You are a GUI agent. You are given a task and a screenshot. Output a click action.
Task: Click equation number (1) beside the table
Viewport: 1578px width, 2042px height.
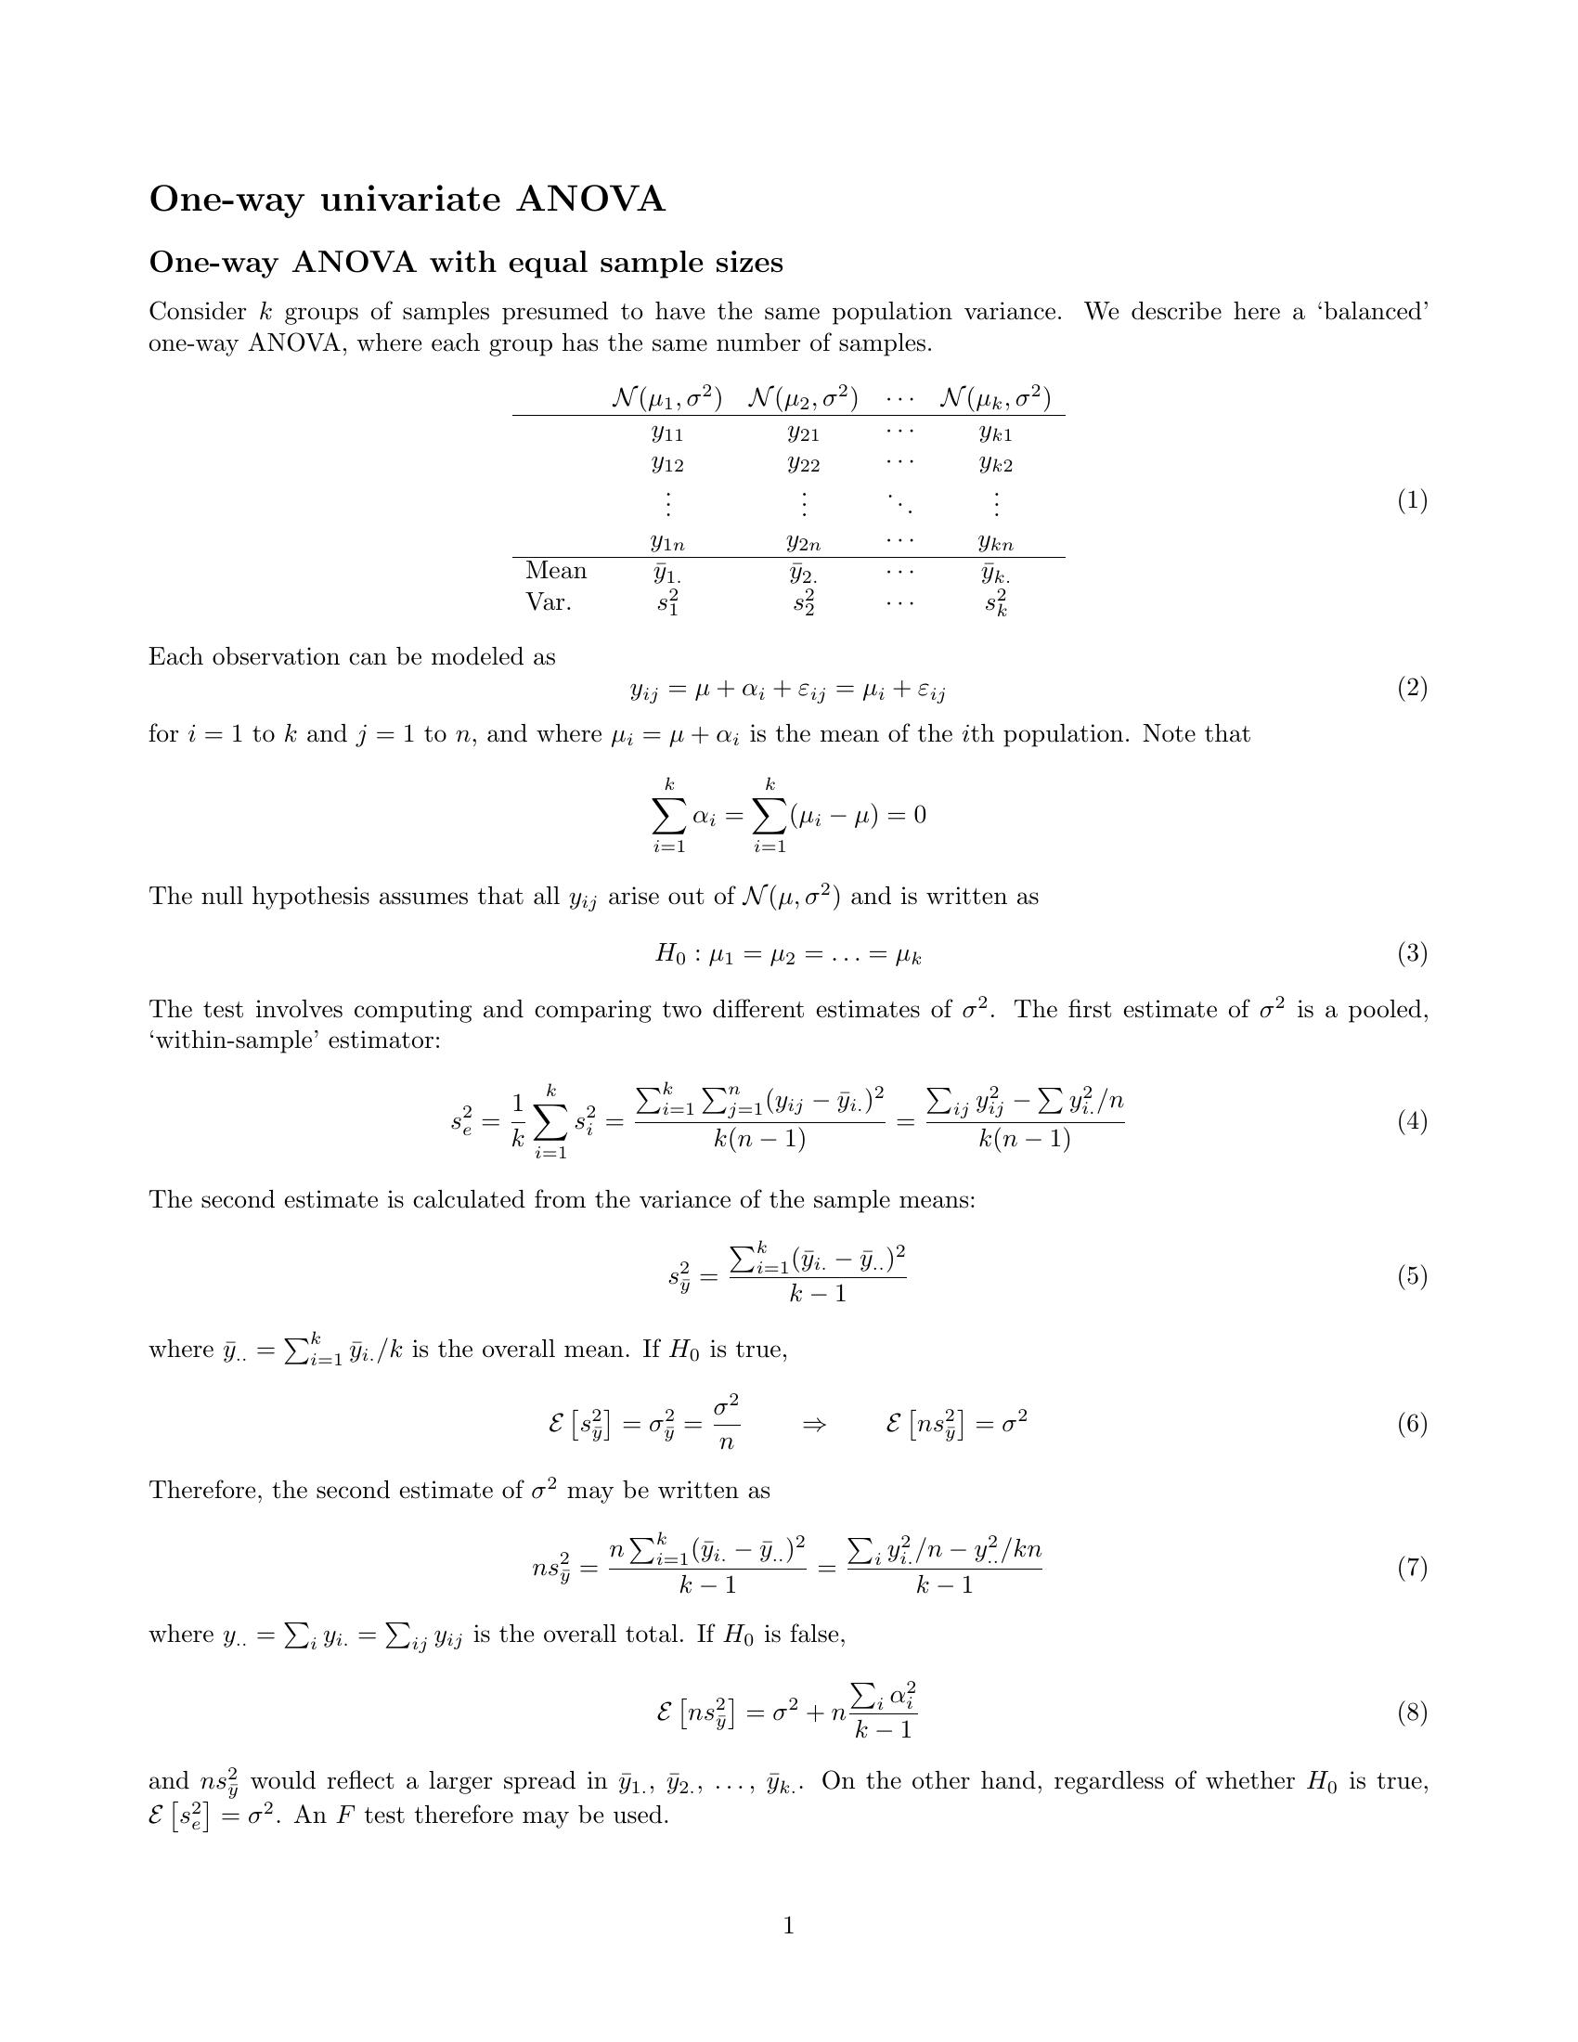tap(1412, 500)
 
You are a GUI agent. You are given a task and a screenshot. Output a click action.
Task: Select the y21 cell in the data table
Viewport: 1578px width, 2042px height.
tap(803, 433)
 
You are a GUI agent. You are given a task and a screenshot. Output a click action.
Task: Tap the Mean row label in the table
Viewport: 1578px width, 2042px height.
tap(556, 570)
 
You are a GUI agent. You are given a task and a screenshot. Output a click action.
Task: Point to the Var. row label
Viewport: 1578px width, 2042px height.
tap(549, 602)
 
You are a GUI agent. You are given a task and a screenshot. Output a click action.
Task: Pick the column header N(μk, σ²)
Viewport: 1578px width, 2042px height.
tap(995, 398)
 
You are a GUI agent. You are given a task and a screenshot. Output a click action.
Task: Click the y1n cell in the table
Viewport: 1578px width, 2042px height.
tap(667, 541)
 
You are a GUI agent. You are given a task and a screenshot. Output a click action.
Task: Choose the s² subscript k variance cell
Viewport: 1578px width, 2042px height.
tap(996, 603)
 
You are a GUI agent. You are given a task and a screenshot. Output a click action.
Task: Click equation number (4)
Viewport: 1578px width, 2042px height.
tap(1412, 1121)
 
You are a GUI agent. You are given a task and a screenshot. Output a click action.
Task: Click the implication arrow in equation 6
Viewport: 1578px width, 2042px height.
tap(814, 1425)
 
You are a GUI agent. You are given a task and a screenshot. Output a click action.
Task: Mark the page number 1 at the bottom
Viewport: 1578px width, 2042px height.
tap(788, 1925)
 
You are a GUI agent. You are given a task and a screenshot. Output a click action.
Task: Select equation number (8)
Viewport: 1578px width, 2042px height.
tap(1412, 1712)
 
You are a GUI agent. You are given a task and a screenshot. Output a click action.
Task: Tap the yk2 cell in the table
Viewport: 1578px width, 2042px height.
tap(996, 465)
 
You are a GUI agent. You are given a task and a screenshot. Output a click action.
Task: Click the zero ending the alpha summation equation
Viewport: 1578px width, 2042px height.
tap(919, 815)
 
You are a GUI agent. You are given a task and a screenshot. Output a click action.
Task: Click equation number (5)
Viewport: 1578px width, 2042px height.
tap(1412, 1276)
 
